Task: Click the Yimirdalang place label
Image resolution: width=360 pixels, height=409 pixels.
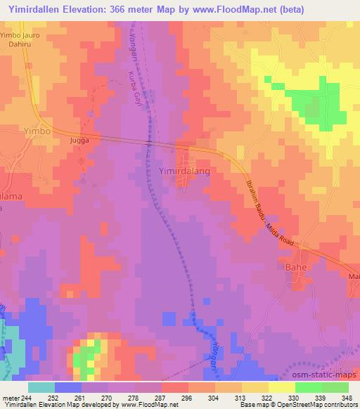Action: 185,171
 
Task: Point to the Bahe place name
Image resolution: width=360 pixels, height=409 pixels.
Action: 314,268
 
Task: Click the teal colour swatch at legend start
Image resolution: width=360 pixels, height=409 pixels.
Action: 41,387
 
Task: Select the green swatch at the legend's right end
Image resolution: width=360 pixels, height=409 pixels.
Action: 335,387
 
